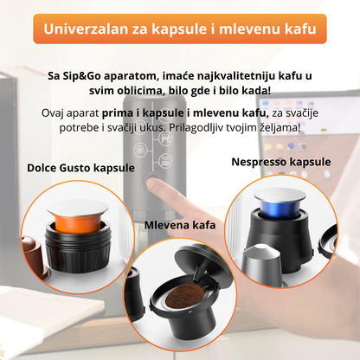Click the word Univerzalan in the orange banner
(x=94, y=29)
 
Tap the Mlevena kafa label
(x=180, y=225)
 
